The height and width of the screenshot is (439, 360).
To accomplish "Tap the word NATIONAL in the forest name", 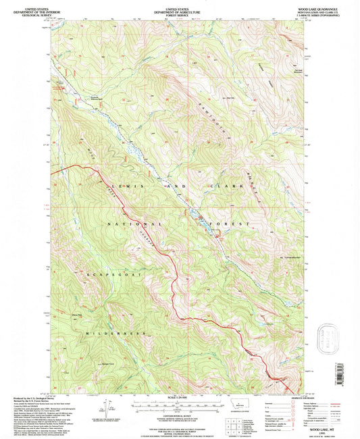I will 135,223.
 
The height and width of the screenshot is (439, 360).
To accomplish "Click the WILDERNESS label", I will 115,333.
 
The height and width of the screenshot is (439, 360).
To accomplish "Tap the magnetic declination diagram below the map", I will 107,409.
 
